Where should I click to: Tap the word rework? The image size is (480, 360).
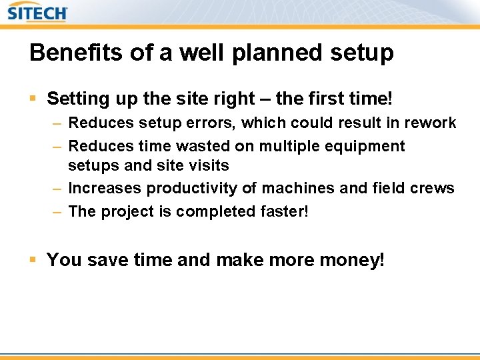pos(431,123)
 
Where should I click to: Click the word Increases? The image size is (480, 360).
pos(105,188)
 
